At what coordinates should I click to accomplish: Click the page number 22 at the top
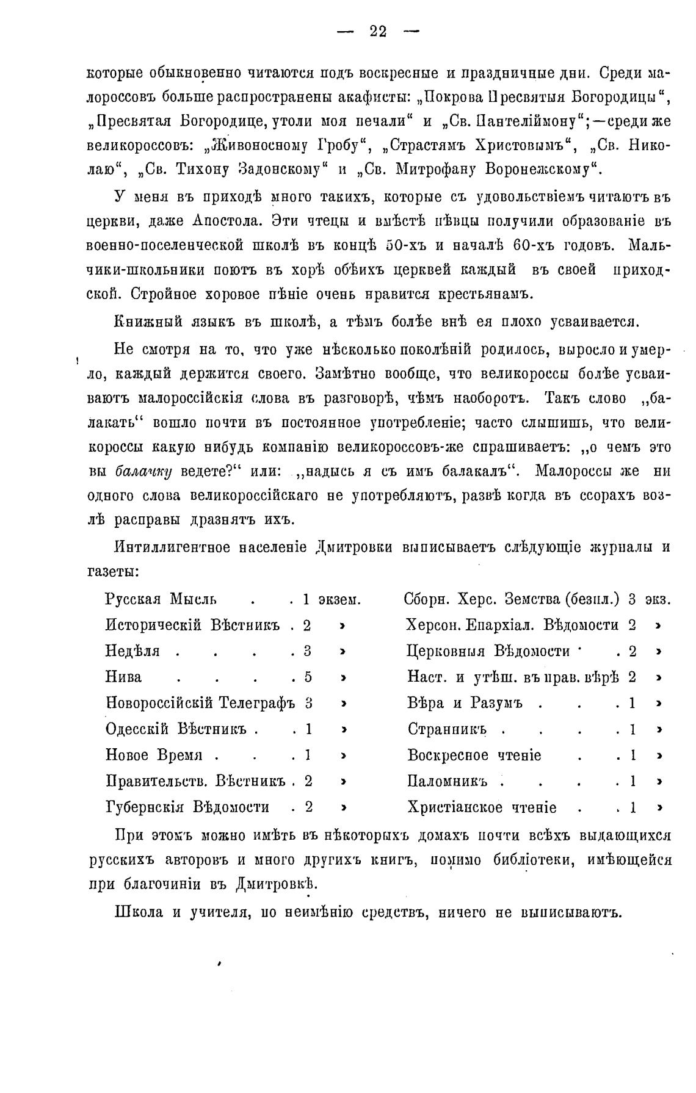tap(378, 31)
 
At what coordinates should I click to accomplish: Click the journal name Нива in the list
tap(123, 677)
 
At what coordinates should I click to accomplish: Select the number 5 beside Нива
tap(308, 677)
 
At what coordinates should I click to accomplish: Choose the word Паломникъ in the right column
tap(448, 781)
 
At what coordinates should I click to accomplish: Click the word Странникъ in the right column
tap(447, 729)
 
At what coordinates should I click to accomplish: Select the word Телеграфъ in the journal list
tap(257, 703)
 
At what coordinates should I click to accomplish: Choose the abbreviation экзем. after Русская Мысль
tap(340, 599)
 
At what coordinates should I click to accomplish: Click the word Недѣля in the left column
tap(132, 651)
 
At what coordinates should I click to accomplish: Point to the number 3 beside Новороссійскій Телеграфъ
tap(308, 703)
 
